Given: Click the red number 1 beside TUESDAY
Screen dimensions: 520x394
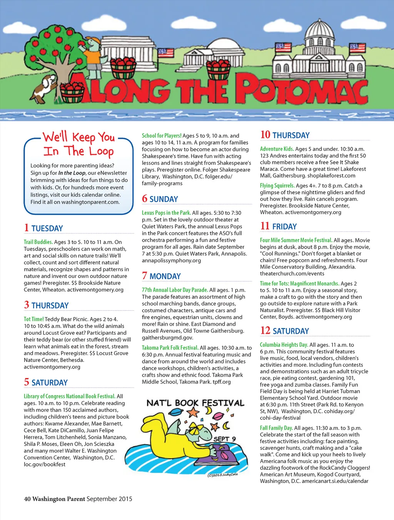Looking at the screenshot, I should [x=26, y=228].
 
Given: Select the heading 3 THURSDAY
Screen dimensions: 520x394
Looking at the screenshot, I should [x=46, y=305].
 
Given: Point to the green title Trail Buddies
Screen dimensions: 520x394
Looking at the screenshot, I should [x=38, y=242].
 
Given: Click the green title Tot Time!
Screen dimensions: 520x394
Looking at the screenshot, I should [x=34, y=319].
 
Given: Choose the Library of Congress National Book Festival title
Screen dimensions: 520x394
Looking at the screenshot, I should [x=69, y=396].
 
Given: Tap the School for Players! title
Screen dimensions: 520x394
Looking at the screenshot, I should [x=162, y=136].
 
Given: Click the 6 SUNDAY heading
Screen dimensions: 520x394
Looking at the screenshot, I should [x=160, y=199].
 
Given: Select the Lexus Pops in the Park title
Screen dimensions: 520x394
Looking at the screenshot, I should [x=166, y=213].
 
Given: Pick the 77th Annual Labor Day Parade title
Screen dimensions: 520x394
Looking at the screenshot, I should [x=175, y=290].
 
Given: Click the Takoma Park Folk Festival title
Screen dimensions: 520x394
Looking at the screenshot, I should [x=170, y=348].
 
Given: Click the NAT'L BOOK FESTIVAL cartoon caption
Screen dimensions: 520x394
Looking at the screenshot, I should [x=195, y=403].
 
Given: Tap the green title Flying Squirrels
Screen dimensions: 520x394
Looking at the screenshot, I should [x=277, y=186].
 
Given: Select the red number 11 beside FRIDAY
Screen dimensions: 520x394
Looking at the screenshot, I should [x=265, y=226].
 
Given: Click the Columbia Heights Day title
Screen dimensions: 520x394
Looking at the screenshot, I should [x=284, y=345].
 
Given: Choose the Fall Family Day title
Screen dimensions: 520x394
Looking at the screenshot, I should [x=276, y=428].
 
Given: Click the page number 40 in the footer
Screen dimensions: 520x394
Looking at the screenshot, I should [x=27, y=499].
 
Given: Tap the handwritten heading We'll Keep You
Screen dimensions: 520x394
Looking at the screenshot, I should [x=79, y=137].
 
